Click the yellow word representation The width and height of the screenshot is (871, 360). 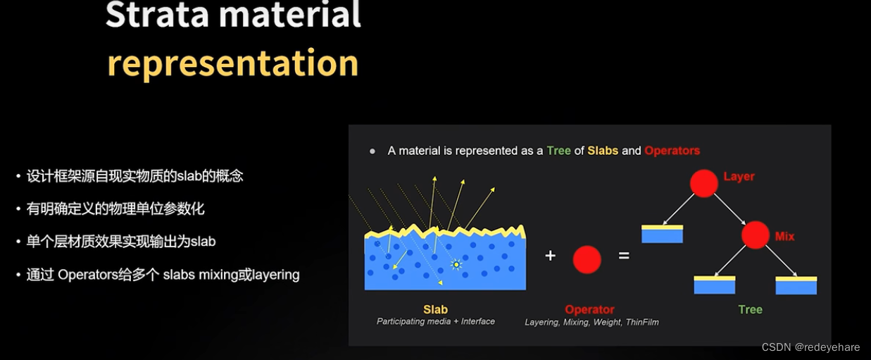[232, 63]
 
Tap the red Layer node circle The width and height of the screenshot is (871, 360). [703, 183]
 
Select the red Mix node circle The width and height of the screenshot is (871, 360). [755, 235]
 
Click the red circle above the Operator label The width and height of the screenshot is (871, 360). [587, 259]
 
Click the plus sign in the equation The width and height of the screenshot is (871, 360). [550, 256]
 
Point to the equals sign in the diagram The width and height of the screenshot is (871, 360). [624, 256]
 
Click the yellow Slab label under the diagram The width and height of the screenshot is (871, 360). [435, 309]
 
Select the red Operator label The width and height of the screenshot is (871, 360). [589, 309]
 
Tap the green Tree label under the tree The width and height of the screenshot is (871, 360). [750, 309]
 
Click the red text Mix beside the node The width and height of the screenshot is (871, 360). [784, 237]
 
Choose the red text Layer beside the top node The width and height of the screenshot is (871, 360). [739, 176]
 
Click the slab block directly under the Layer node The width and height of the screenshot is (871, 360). [662, 234]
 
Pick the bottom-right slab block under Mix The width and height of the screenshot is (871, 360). [796, 285]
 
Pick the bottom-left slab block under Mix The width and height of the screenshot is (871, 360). [714, 285]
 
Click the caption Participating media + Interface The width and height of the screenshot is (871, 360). [435, 321]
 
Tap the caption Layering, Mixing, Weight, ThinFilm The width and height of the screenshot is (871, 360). [591, 322]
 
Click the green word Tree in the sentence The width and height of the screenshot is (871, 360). [558, 151]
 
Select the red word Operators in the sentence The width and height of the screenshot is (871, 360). [672, 151]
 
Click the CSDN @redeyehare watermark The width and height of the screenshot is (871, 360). [810, 347]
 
